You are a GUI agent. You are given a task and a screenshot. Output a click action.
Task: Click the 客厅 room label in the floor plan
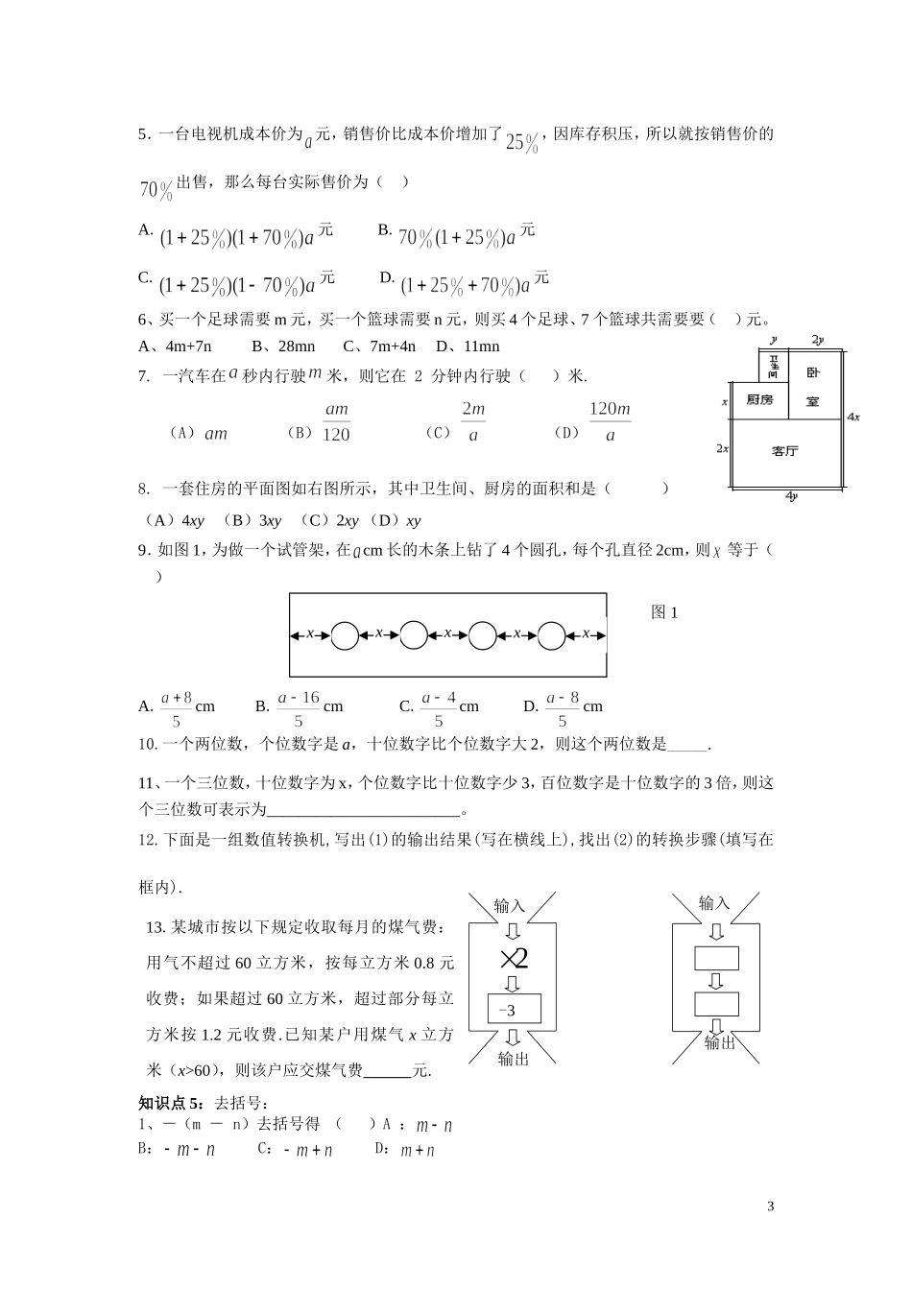coord(785,450)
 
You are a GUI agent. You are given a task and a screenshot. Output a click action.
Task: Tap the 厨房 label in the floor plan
coord(759,399)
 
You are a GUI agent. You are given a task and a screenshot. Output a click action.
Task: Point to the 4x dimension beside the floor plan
coord(853,418)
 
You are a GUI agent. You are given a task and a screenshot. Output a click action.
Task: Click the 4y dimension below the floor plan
coord(791,496)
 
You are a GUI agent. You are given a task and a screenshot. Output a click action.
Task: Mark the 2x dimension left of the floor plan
coord(723,448)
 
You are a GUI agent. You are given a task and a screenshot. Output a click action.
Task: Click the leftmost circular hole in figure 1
coord(345,634)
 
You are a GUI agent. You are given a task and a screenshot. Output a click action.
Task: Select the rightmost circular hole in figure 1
coord(552,634)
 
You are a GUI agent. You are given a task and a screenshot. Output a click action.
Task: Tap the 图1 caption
coord(664,612)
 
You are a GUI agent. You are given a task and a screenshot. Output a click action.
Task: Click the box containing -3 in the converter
coord(515,1010)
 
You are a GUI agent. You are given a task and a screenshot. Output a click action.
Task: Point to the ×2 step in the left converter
coord(514,958)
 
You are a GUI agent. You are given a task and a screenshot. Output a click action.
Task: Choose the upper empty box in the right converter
coord(716,958)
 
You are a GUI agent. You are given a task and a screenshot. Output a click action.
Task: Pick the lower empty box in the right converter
coord(716,1004)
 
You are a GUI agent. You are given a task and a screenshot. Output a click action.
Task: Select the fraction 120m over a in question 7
coord(610,421)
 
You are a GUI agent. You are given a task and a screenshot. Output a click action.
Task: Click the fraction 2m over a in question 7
coord(473,421)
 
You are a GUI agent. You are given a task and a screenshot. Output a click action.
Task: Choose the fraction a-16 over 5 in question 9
coord(299,708)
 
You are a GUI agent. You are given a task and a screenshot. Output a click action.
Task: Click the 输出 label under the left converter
coord(514,1059)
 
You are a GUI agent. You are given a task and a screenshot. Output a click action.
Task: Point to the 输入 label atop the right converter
coord(714,903)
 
